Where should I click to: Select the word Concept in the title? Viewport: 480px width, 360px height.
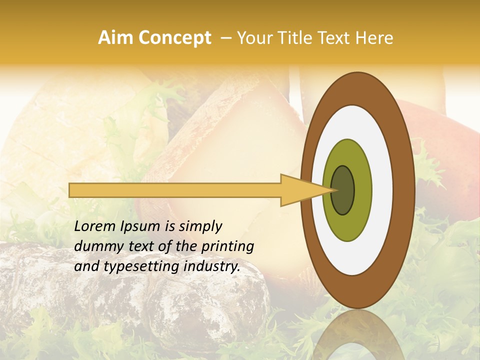tap(174, 38)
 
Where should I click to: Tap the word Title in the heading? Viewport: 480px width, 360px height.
tap(298, 38)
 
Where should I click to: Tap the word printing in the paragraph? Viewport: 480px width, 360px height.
tap(229, 247)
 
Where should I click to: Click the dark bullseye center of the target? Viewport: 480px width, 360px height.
tap(342, 190)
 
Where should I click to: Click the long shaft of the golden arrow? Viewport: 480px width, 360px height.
tap(175, 190)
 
